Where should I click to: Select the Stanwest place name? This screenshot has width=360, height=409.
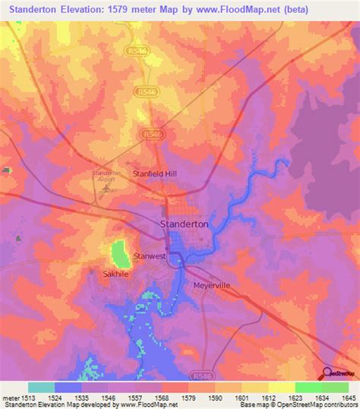tap(149, 256)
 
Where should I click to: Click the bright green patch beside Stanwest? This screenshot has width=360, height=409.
tap(118, 252)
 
